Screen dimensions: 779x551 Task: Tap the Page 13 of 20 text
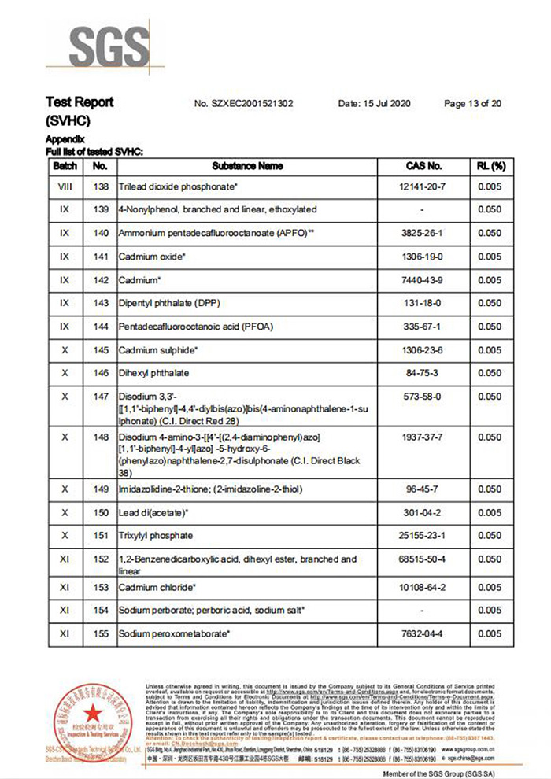473,103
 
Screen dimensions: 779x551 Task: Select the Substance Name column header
247,166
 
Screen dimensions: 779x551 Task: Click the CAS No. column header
423,166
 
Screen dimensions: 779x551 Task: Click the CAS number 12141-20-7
423,187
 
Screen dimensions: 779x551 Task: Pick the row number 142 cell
100,279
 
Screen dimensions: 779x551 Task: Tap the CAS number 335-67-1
423,326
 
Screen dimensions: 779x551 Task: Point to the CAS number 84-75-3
423,372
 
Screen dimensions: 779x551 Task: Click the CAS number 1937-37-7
423,437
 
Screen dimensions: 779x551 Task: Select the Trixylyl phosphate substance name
155,536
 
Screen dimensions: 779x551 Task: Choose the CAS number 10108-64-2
423,587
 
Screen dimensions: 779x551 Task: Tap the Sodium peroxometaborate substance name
174,633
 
